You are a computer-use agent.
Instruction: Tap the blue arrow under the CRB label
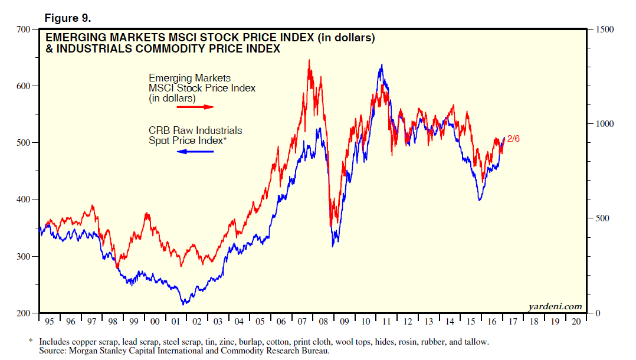pyautogui.click(x=195, y=152)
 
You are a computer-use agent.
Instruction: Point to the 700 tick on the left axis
pyautogui.click(x=24, y=29)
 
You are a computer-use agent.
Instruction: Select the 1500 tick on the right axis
pyautogui.click(x=604, y=29)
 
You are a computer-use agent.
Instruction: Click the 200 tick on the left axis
pyautogui.click(x=24, y=313)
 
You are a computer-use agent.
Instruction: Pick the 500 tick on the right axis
pyautogui.click(x=601, y=218)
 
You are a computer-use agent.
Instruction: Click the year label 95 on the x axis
pyautogui.click(x=50, y=322)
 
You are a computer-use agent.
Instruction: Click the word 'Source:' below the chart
pyautogui.click(x=54, y=351)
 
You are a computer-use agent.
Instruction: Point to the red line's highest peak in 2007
pyautogui.click(x=309, y=60)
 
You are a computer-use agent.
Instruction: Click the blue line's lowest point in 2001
pyautogui.click(x=184, y=304)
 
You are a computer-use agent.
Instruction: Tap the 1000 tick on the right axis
pyautogui.click(x=604, y=124)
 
